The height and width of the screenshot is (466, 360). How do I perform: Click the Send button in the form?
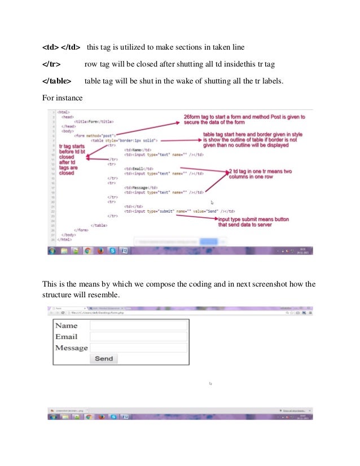(103, 358)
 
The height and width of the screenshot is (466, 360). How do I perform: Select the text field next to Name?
(138, 326)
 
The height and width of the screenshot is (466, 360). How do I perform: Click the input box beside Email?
(138, 337)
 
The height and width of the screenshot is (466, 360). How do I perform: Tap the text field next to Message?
(138, 348)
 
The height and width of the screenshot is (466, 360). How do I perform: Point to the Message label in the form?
(71, 348)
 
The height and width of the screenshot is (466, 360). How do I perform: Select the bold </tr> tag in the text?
(52, 64)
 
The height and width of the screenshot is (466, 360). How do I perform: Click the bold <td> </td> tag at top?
(62, 46)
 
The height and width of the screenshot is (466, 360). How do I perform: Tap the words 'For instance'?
(63, 98)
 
